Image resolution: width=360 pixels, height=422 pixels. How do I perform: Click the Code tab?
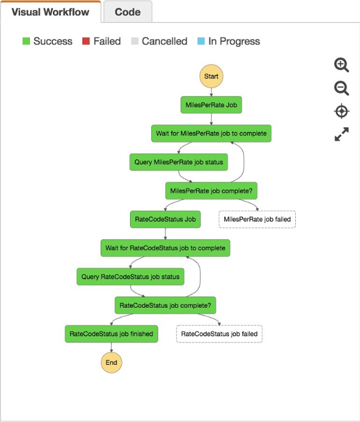[128, 12]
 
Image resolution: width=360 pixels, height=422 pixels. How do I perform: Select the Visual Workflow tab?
[51, 12]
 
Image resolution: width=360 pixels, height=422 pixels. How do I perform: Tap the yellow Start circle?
[211, 76]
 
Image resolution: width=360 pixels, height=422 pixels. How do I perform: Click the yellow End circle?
[111, 363]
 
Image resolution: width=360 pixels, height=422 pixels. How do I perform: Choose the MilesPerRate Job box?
[211, 105]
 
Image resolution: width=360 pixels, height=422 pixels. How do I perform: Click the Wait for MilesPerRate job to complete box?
[211, 134]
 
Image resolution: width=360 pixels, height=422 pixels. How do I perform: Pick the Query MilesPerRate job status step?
[179, 162]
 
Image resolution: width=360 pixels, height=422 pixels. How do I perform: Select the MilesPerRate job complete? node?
[211, 191]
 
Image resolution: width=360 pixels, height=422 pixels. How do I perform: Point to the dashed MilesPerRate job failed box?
[257, 220]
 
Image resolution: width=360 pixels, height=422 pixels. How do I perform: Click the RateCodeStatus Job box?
[165, 220]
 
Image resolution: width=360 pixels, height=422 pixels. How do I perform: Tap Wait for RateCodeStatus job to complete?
[165, 248]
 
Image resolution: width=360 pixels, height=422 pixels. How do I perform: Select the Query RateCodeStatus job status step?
[131, 277]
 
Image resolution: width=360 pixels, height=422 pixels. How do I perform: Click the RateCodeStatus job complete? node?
[165, 305]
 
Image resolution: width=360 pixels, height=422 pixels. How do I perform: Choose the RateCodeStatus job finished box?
[111, 334]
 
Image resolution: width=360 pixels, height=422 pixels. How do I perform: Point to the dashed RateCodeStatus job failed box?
[219, 334]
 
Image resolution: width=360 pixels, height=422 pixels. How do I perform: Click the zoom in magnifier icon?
[341, 65]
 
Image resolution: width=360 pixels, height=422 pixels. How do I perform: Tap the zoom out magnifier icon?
[341, 88]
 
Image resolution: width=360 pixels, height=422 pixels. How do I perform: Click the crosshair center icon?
[342, 111]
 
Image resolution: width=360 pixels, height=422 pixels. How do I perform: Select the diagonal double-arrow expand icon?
[342, 134]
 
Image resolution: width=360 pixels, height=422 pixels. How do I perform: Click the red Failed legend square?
[86, 41]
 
